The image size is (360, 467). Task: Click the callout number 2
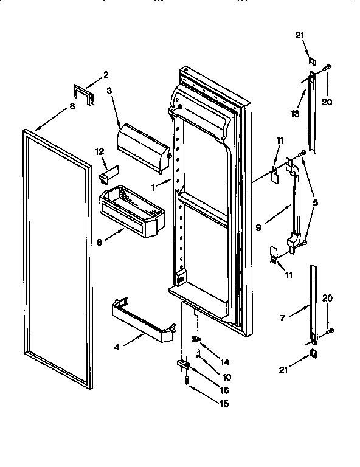tap(105, 75)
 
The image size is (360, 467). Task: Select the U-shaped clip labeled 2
tap(83, 94)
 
